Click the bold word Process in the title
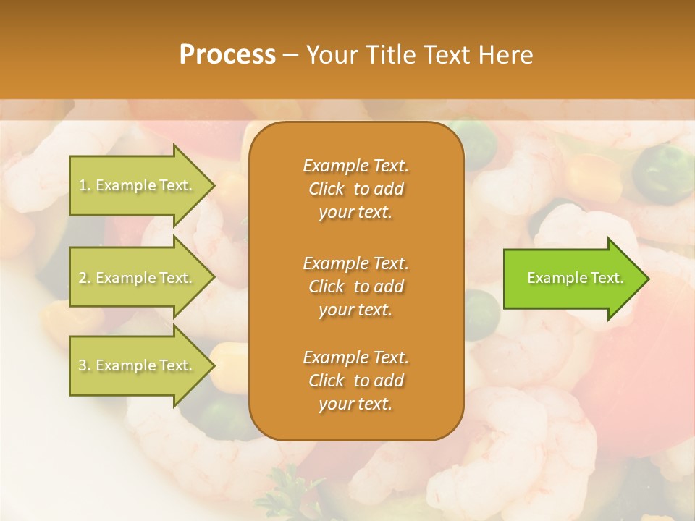pyautogui.click(x=227, y=55)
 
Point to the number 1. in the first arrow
pyautogui.click(x=85, y=185)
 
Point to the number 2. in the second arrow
pyautogui.click(x=85, y=278)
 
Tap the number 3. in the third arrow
pyautogui.click(x=85, y=365)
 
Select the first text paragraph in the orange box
pyautogui.click(x=355, y=189)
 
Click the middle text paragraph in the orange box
pyautogui.click(x=355, y=286)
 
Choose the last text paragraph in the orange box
pyautogui.click(x=355, y=381)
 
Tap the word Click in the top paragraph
pyautogui.click(x=327, y=190)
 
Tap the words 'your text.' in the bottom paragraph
pyautogui.click(x=355, y=404)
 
